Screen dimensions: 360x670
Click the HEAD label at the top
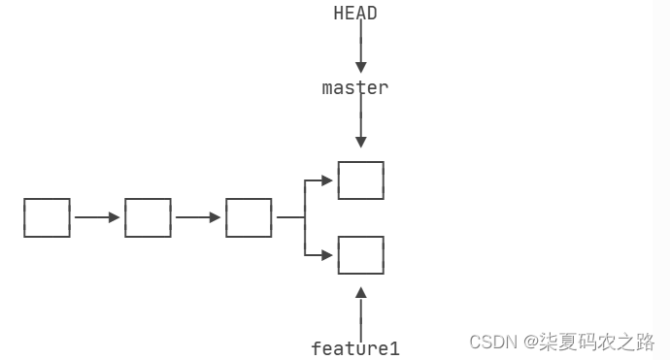pyautogui.click(x=355, y=13)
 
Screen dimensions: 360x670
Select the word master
pyautogui.click(x=355, y=87)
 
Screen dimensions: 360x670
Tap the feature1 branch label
pyautogui.click(x=355, y=347)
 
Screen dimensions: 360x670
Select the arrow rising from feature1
pyautogui.click(x=361, y=311)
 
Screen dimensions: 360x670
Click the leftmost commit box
pyautogui.click(x=47, y=217)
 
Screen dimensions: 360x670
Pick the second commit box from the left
pyautogui.click(x=148, y=217)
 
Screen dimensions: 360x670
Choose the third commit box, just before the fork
pyautogui.click(x=249, y=217)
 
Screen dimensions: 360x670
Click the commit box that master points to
pyautogui.click(x=360, y=180)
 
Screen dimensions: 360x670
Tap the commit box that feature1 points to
pyautogui.click(x=360, y=255)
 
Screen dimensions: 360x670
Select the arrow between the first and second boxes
pyautogui.click(x=97, y=217)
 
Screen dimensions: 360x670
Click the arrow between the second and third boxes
pyautogui.click(x=198, y=217)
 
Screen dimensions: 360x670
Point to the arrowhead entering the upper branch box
pyautogui.click(x=327, y=180)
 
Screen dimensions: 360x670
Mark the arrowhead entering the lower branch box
pyautogui.click(x=327, y=255)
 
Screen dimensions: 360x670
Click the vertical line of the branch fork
pyautogui.click(x=305, y=218)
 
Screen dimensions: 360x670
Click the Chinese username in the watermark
pyautogui.click(x=598, y=342)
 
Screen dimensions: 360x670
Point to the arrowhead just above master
pyautogui.click(x=361, y=67)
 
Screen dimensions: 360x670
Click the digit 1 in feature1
pyautogui.click(x=394, y=347)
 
